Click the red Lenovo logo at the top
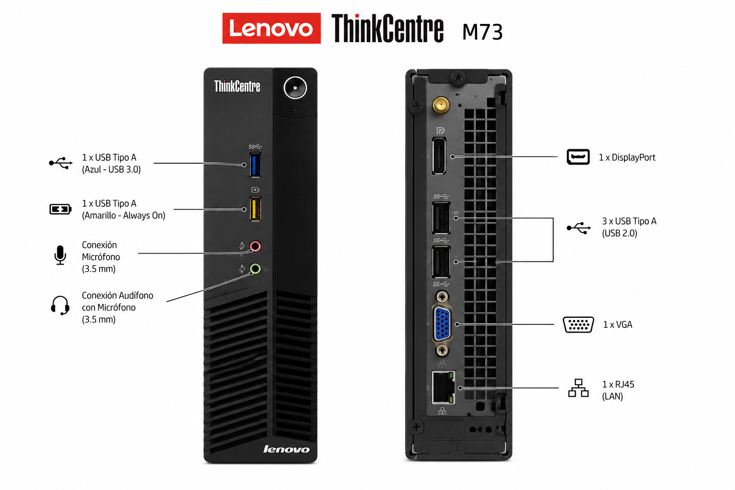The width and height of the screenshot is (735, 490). pyautogui.click(x=271, y=28)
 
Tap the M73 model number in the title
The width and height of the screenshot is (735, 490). pyautogui.click(x=482, y=32)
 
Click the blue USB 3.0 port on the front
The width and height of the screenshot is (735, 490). pyautogui.click(x=255, y=165)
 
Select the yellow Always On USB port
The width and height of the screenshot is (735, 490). pyautogui.click(x=255, y=209)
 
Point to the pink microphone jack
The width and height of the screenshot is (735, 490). pyautogui.click(x=255, y=246)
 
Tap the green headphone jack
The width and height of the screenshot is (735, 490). pyautogui.click(x=255, y=269)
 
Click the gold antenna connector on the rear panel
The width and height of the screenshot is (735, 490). pyautogui.click(x=441, y=105)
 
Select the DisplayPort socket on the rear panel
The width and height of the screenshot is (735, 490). pyautogui.click(x=439, y=156)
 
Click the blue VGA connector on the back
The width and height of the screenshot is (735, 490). pyautogui.click(x=442, y=324)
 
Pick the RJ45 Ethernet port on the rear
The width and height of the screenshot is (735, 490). pyautogui.click(x=444, y=388)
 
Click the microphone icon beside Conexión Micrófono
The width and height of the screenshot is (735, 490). pyautogui.click(x=60, y=255)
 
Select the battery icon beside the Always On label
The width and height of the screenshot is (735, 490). pyautogui.click(x=60, y=209)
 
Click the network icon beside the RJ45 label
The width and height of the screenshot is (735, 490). pyautogui.click(x=578, y=388)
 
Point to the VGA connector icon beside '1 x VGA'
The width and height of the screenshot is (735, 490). pyautogui.click(x=578, y=325)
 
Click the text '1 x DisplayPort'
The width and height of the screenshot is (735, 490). pyautogui.click(x=627, y=157)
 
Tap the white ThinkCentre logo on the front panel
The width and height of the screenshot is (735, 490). pyautogui.click(x=237, y=86)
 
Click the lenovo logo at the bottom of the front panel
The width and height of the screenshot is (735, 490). pyautogui.click(x=286, y=449)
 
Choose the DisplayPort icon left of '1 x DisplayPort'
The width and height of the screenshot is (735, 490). pyautogui.click(x=578, y=157)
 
